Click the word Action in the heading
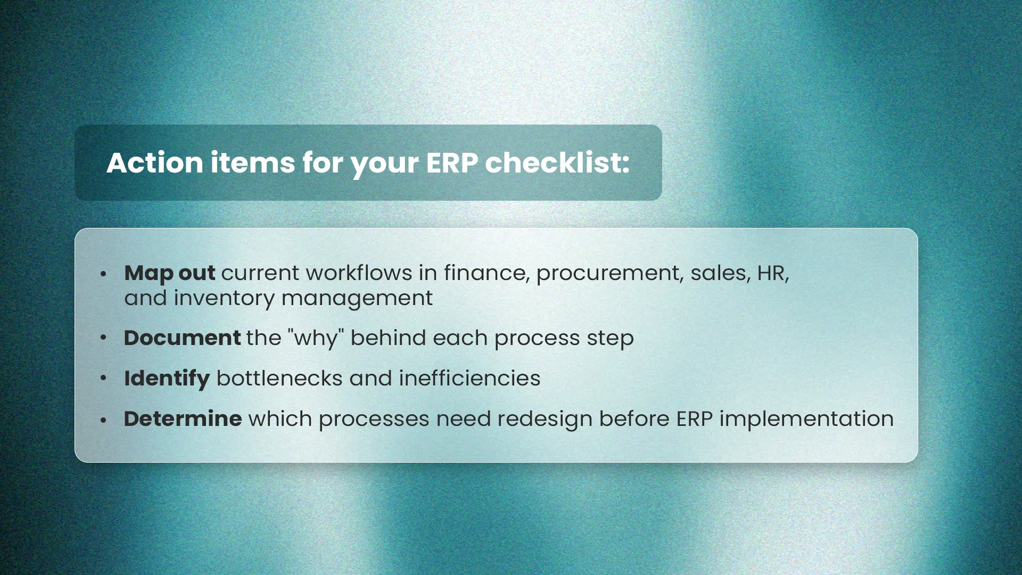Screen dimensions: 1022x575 (155, 162)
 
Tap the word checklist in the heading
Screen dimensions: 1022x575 (557, 162)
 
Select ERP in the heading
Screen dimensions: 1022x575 (452, 163)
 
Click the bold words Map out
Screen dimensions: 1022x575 (170, 274)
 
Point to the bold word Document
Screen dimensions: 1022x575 (182, 338)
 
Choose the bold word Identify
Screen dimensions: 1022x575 (167, 379)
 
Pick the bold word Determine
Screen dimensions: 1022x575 (183, 419)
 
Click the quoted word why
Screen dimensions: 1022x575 (316, 339)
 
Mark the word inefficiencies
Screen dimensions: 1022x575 (469, 379)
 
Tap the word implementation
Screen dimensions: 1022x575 (806, 420)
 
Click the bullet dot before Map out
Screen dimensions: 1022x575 (103, 274)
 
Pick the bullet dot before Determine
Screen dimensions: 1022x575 (103, 420)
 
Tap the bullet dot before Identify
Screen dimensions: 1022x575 (103, 378)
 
